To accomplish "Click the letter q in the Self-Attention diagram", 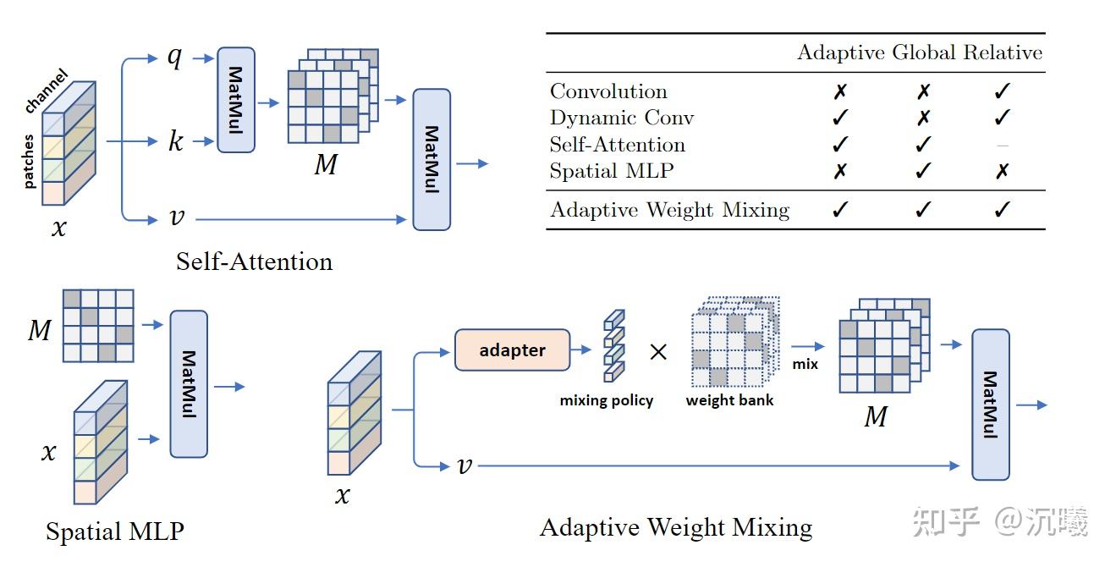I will [x=174, y=59].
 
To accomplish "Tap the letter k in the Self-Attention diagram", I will [x=175, y=140].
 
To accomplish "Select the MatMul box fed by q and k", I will [x=236, y=100].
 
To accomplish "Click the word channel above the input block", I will [x=47, y=91].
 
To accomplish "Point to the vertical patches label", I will [x=30, y=160].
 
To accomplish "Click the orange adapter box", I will [x=512, y=350].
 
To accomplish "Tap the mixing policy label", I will [x=606, y=400].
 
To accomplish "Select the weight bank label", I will [x=729, y=400].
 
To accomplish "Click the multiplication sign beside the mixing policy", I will [x=657, y=351].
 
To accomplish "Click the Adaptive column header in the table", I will [x=841, y=53].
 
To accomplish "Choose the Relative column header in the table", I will [x=1003, y=53].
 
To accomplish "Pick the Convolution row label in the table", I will [x=608, y=91].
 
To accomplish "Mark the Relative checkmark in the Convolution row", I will [x=1003, y=91].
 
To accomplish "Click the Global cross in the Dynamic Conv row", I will [x=923, y=118].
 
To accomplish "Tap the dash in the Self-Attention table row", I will [x=1003, y=146].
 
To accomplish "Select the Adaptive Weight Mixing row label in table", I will [x=669, y=210].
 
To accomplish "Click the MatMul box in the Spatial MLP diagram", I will [x=189, y=384].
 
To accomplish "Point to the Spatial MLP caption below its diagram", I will [x=114, y=531].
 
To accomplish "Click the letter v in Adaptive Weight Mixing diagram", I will [x=463, y=465].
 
